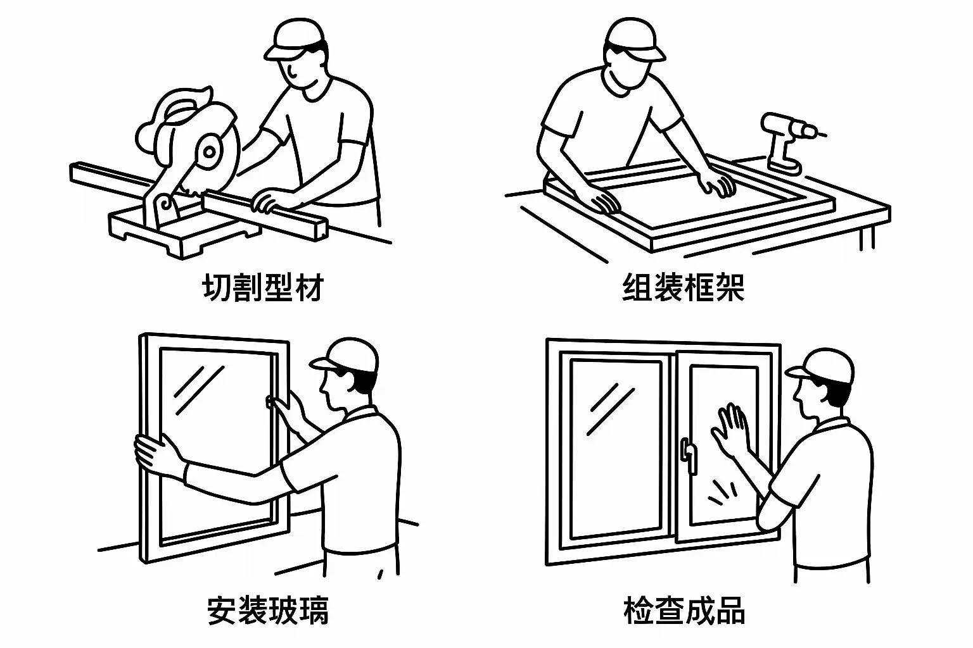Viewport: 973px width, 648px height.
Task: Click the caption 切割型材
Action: pyautogui.click(x=263, y=287)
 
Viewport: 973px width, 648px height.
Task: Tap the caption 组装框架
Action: pyautogui.click(x=684, y=287)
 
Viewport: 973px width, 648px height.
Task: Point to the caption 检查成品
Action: pyautogui.click(x=684, y=610)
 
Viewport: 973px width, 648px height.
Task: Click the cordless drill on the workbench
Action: pyautogui.click(x=789, y=141)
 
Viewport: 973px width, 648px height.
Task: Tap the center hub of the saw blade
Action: pyautogui.click(x=210, y=152)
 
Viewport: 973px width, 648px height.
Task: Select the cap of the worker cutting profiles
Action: pyautogui.click(x=295, y=38)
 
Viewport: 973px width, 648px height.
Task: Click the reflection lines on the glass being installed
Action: pyautogui.click(x=198, y=390)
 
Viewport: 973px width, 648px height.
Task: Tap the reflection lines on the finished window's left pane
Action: pyautogui.click(x=610, y=408)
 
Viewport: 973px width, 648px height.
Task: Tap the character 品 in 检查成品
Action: pyautogui.click(x=730, y=610)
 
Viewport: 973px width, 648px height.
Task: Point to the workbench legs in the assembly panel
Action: pyautogui.click(x=867, y=237)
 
